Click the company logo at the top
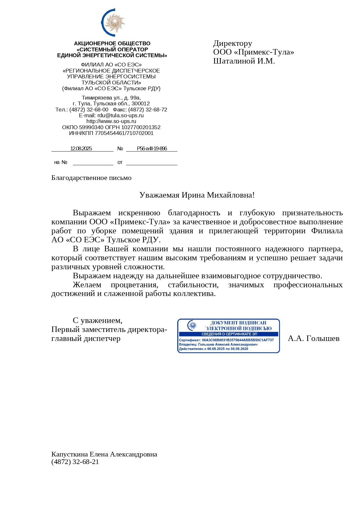coord(113,23)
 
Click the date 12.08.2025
coord(81,149)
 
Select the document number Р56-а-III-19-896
coord(152,149)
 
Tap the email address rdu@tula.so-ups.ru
coord(120,115)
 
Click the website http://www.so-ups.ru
coord(111,121)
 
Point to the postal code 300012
coord(141,104)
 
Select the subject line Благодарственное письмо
coord(91,178)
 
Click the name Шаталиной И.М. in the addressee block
coord(244,61)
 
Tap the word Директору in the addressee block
coord(233,44)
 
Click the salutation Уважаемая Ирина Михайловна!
coord(197,195)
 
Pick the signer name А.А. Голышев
coord(313,339)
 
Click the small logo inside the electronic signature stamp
coord(192,325)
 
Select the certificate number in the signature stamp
coord(238,340)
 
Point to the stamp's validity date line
coord(214,349)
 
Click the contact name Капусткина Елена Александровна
coord(104,454)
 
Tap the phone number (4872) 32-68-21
coord(75,462)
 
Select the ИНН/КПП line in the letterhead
coord(111,133)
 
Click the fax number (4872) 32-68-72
coord(148,110)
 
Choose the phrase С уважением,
coord(97,321)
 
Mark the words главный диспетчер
coord(86,339)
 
